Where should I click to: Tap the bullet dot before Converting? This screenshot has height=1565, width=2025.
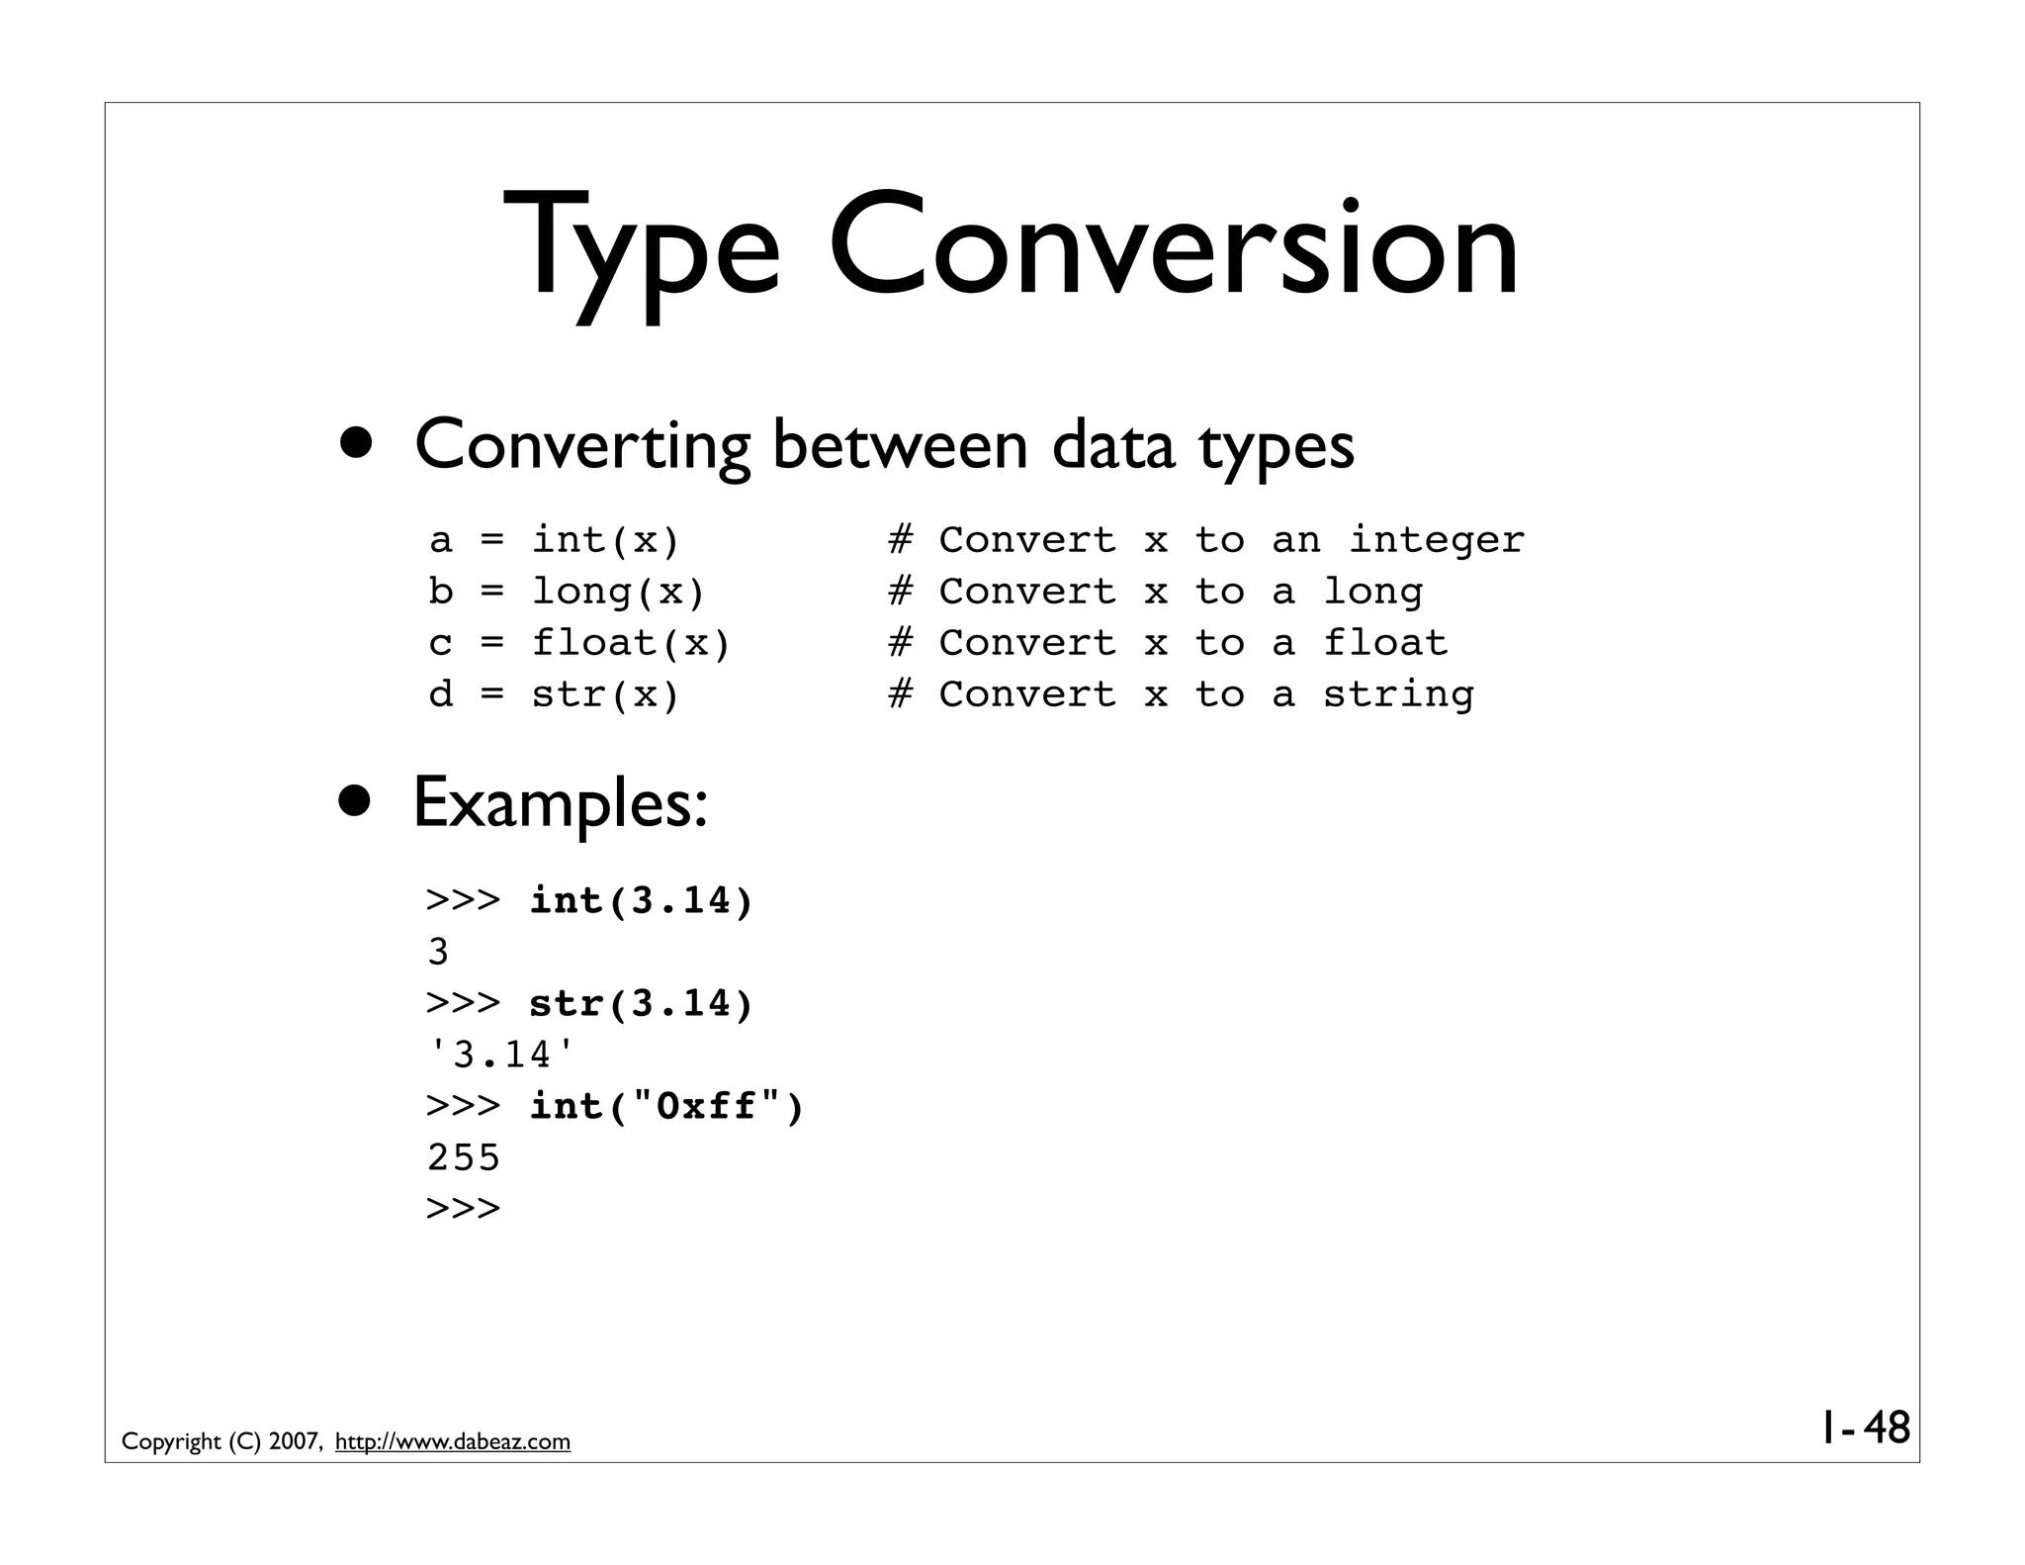[x=354, y=443]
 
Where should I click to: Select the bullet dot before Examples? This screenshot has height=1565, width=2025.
[x=354, y=802]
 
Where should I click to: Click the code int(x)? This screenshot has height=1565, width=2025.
[x=606, y=540]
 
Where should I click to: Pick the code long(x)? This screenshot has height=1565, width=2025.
[x=619, y=592]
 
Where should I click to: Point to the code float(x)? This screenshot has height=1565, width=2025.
[x=631, y=643]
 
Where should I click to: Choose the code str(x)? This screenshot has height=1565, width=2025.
[x=606, y=694]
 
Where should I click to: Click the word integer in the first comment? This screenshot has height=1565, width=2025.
[x=1437, y=540]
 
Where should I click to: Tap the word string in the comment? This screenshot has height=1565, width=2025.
[x=1398, y=694]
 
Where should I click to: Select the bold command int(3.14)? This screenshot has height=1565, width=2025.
[x=642, y=901]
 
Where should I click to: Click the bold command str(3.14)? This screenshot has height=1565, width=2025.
[x=642, y=1004]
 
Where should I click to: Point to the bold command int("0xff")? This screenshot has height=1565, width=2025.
[x=667, y=1106]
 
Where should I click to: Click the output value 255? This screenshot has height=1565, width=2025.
[x=464, y=1157]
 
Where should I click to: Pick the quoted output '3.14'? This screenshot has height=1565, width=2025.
[x=501, y=1056]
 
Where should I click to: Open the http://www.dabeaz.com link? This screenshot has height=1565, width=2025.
[x=453, y=1442]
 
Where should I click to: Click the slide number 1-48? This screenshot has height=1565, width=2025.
[x=1865, y=1428]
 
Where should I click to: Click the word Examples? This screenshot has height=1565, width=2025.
[x=560, y=802]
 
